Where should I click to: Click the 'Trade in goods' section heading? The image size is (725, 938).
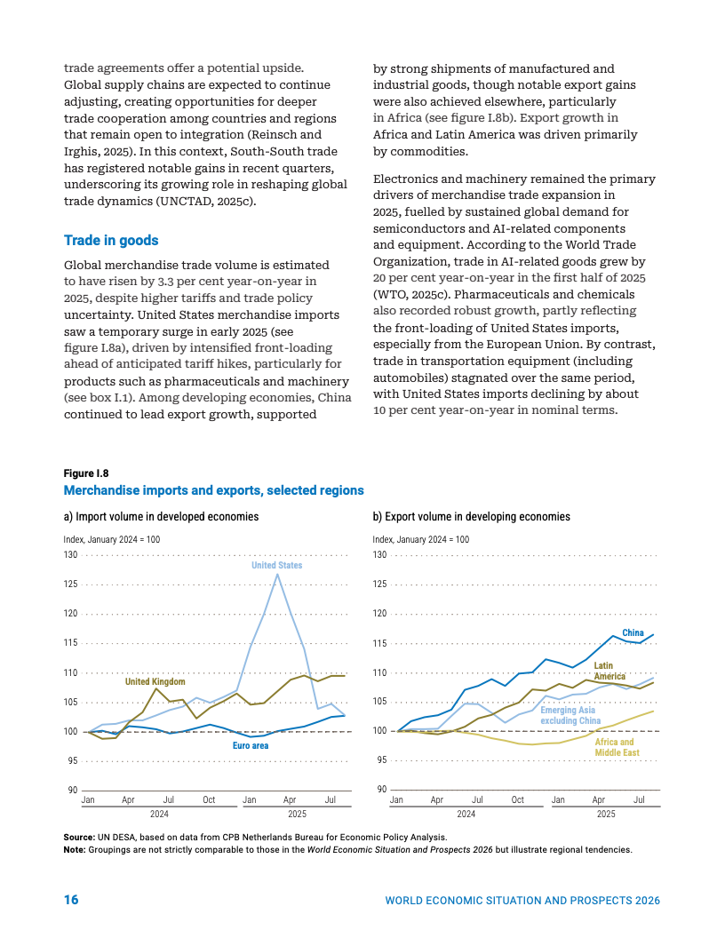point(111,241)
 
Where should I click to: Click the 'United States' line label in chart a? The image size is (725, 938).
point(276,565)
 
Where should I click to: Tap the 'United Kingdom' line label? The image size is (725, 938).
point(155,681)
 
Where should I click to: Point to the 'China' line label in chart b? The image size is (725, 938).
point(633,632)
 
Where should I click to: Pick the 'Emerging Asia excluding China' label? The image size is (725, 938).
point(570,716)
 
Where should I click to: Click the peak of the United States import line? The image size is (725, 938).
point(277,574)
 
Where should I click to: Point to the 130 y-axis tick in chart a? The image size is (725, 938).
point(71,555)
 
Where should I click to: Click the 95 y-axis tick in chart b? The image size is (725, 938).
point(381,760)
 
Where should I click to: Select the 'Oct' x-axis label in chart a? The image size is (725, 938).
point(209,800)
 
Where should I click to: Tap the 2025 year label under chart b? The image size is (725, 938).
point(606,814)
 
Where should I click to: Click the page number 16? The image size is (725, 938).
point(71,900)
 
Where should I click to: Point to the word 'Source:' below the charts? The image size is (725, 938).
point(80,837)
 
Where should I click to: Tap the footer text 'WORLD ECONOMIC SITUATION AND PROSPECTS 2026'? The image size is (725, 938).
point(522,901)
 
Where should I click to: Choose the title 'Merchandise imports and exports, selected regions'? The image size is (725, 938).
point(213,490)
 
